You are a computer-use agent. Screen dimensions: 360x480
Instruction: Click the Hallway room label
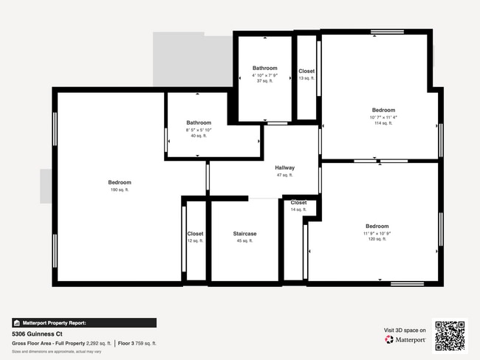coord(284,167)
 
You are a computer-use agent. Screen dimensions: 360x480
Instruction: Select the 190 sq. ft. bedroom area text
coord(120,190)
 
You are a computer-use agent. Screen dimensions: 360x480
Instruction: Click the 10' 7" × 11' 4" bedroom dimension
coord(383,117)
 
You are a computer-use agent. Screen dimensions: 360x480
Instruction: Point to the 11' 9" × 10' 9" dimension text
coord(377,233)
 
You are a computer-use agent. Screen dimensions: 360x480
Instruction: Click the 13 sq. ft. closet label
coord(306,78)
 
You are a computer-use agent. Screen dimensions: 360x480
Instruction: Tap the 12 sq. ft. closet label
coord(195,240)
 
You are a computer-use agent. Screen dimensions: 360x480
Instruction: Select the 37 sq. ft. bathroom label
coord(264,81)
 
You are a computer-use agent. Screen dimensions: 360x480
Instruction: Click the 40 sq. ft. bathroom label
coord(198,136)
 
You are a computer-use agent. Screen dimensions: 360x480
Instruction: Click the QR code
coord(450,336)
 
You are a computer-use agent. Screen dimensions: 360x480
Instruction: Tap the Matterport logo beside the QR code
coord(405,340)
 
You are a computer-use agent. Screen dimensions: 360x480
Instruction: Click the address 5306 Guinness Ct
coord(38,333)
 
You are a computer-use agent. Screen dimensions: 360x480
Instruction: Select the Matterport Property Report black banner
coord(84,322)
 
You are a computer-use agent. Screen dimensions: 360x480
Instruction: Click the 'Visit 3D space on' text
coord(405,330)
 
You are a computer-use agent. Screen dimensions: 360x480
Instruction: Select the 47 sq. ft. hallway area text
coord(284,175)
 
